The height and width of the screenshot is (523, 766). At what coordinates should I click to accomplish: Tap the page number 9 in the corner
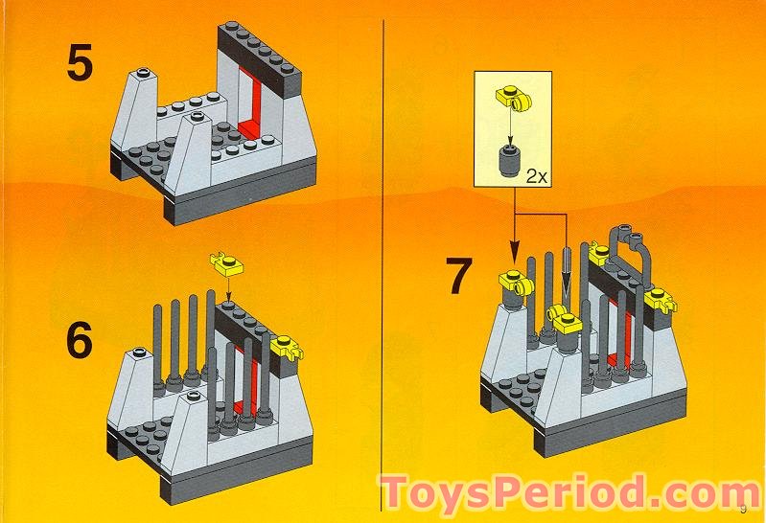coord(743,507)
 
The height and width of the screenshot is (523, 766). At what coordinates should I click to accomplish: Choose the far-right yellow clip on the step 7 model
coord(660,302)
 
